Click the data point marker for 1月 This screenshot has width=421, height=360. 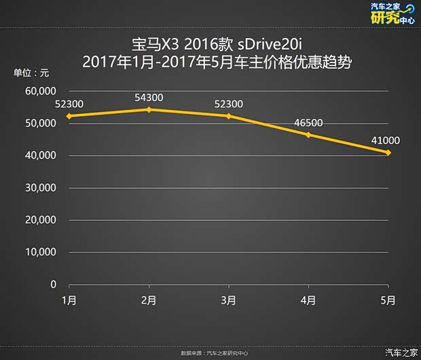(69, 116)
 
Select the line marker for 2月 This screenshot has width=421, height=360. (149, 109)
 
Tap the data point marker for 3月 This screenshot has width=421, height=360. (229, 116)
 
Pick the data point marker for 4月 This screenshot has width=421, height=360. (308, 134)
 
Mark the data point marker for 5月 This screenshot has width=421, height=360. (388, 152)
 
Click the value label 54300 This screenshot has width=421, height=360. (149, 98)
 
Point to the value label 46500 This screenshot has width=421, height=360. (308, 123)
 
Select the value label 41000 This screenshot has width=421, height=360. (385, 141)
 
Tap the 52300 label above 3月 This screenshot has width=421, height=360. (229, 104)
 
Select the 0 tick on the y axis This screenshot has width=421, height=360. (53, 285)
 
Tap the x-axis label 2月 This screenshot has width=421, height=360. (149, 300)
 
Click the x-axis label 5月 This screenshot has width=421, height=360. (388, 300)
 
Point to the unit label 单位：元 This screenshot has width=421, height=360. (31, 73)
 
